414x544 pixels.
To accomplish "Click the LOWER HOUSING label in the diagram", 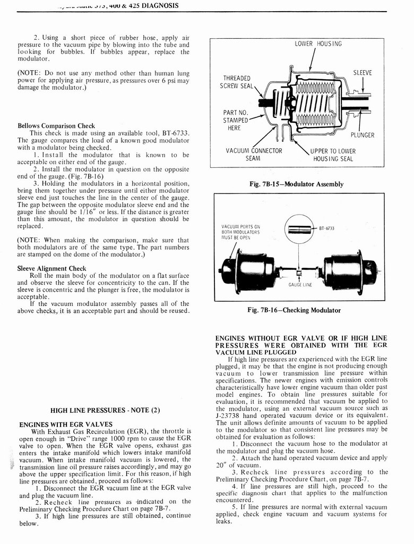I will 318,44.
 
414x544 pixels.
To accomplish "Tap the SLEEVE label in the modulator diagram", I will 362,72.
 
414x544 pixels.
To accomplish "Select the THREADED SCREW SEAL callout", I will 237,82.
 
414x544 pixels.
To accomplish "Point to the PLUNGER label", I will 363,135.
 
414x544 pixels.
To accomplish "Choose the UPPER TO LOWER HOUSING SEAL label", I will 333,155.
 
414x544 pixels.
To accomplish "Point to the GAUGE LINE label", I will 300,285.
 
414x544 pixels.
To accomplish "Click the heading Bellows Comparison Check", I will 56,126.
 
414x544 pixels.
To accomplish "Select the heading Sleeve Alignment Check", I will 51,268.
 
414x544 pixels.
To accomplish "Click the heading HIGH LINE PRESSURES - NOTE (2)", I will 105,410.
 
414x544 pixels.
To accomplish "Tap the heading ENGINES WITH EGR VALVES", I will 66,424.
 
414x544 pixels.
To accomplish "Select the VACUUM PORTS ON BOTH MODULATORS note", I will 240,232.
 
